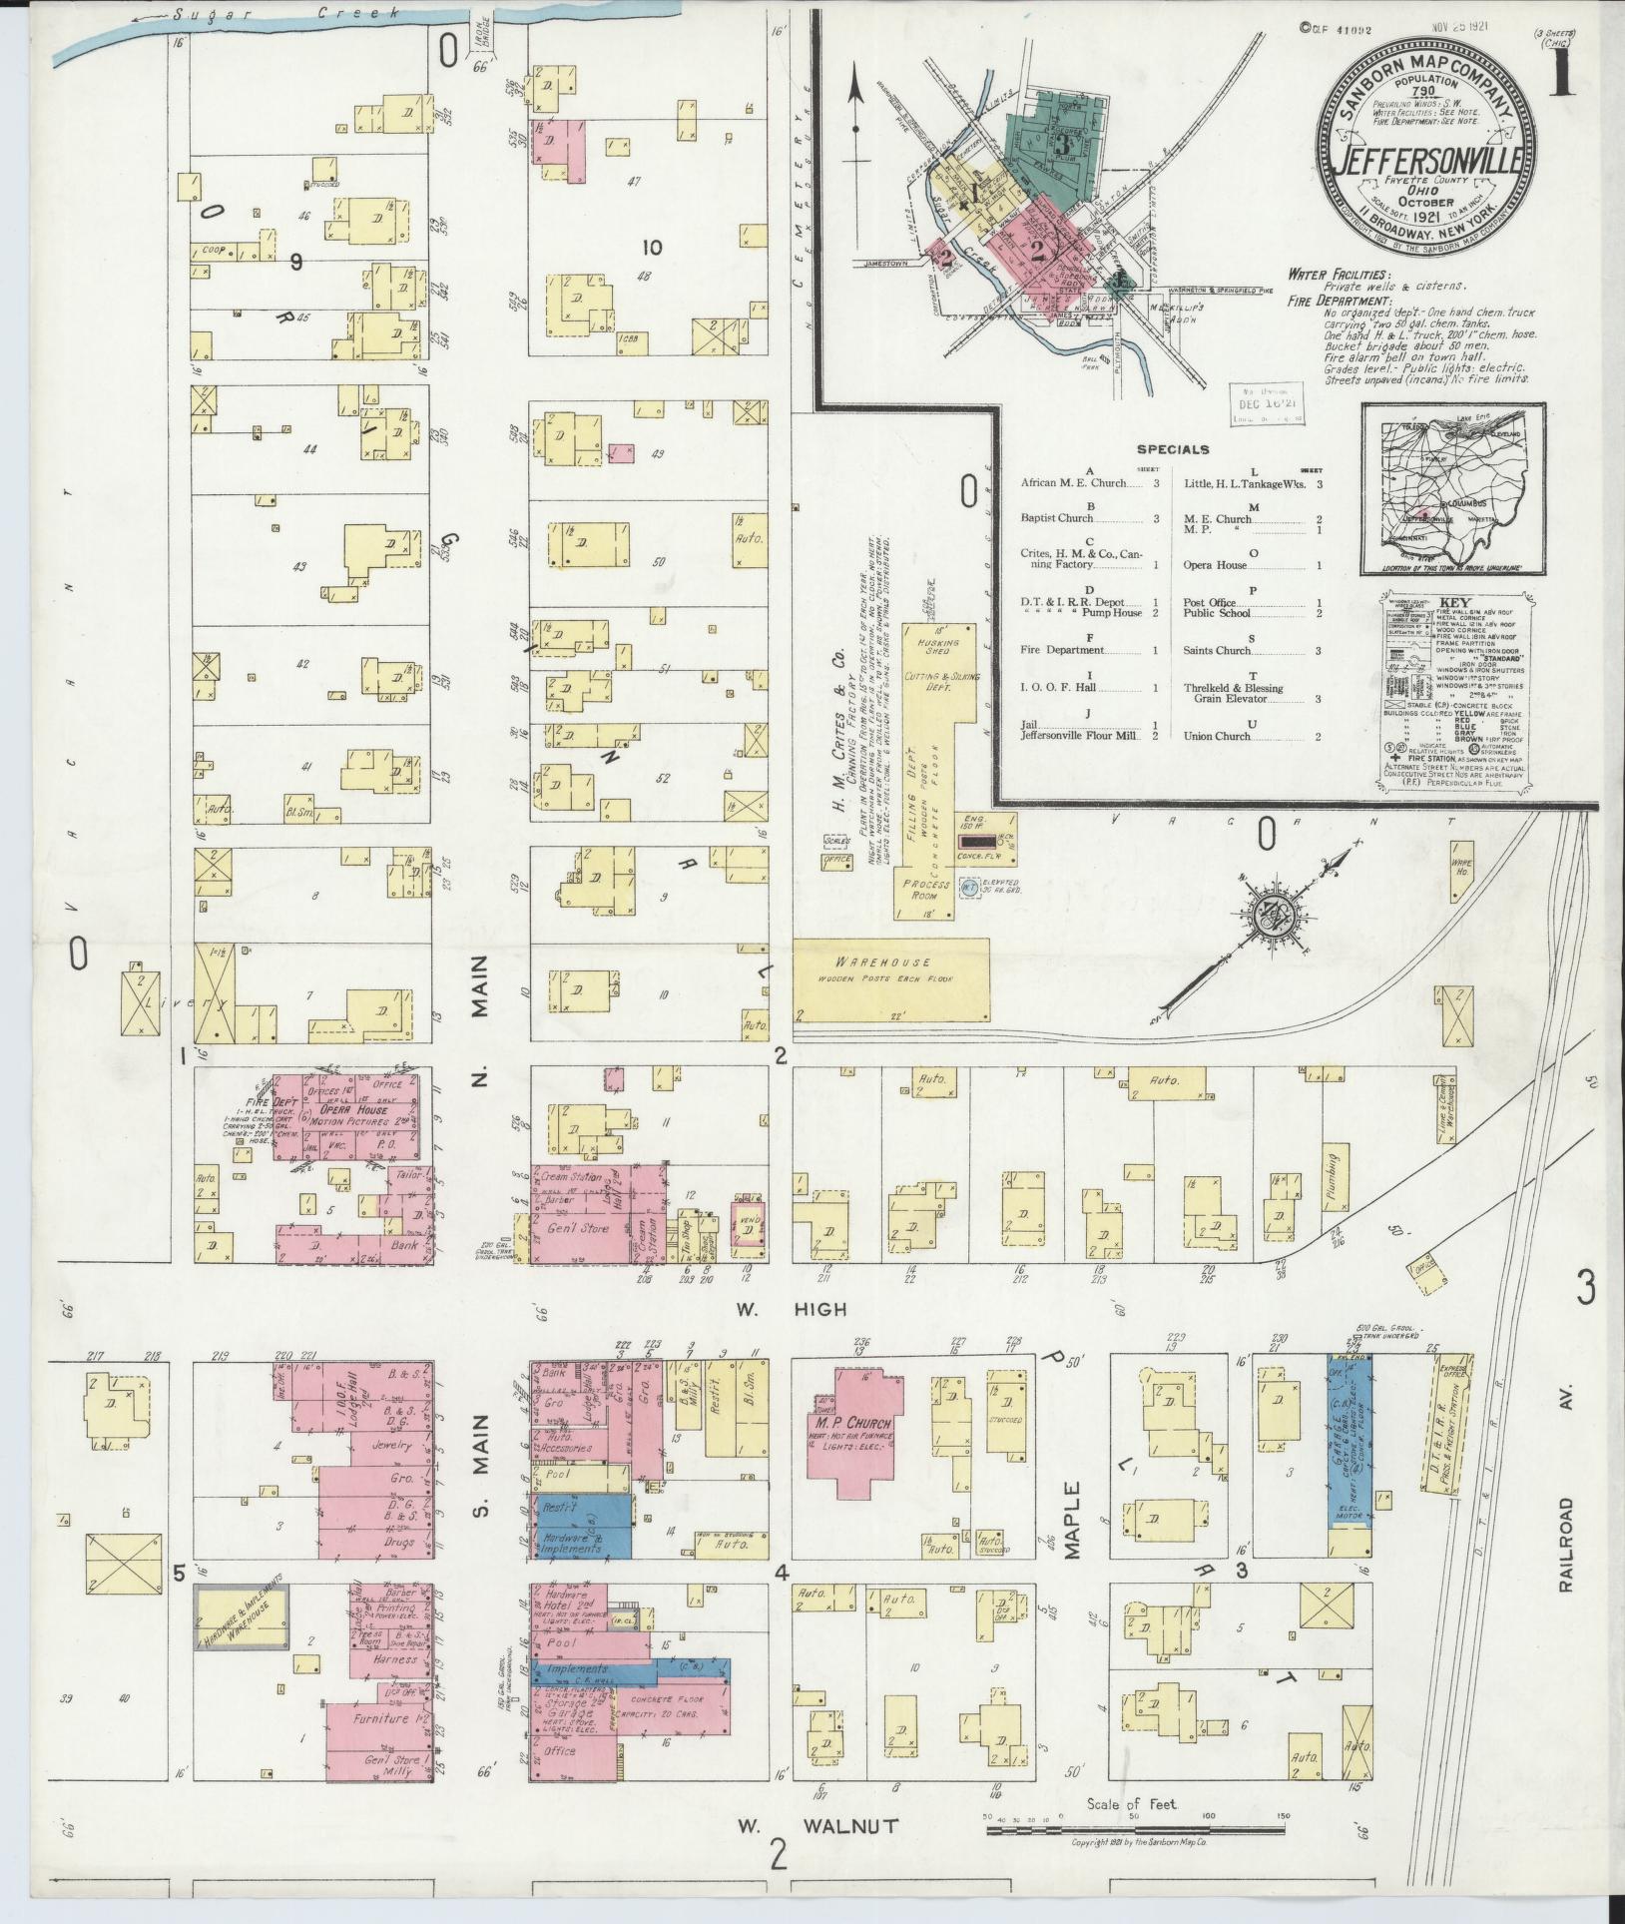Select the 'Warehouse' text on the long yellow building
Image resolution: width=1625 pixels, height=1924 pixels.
[x=869, y=962]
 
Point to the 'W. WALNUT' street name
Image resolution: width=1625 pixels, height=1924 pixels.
[x=817, y=1826]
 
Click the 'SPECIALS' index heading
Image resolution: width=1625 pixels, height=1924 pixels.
[x=1172, y=449]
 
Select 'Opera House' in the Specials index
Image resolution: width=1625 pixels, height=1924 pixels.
[x=1215, y=565]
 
